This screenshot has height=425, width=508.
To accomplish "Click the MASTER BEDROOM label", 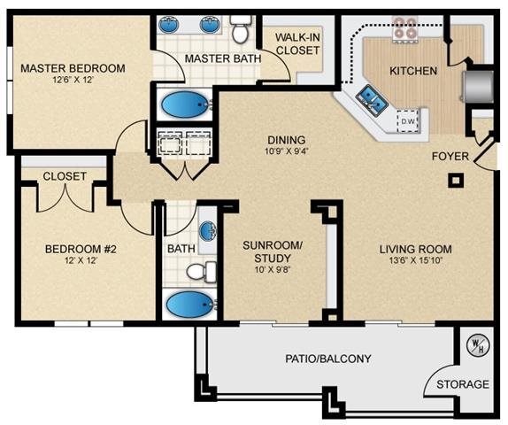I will click(73, 68).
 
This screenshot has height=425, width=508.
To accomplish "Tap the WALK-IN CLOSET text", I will click(296, 44).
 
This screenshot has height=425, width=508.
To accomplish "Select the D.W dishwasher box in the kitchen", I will click(408, 120).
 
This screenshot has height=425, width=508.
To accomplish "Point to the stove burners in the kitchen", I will click(406, 28).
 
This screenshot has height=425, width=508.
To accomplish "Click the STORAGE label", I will click(461, 384).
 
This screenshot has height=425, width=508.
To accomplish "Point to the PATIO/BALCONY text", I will click(328, 359).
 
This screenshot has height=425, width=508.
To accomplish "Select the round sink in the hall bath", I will click(207, 232).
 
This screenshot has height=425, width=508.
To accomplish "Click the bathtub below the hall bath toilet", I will click(190, 306).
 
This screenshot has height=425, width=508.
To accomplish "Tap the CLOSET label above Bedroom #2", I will click(65, 176).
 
